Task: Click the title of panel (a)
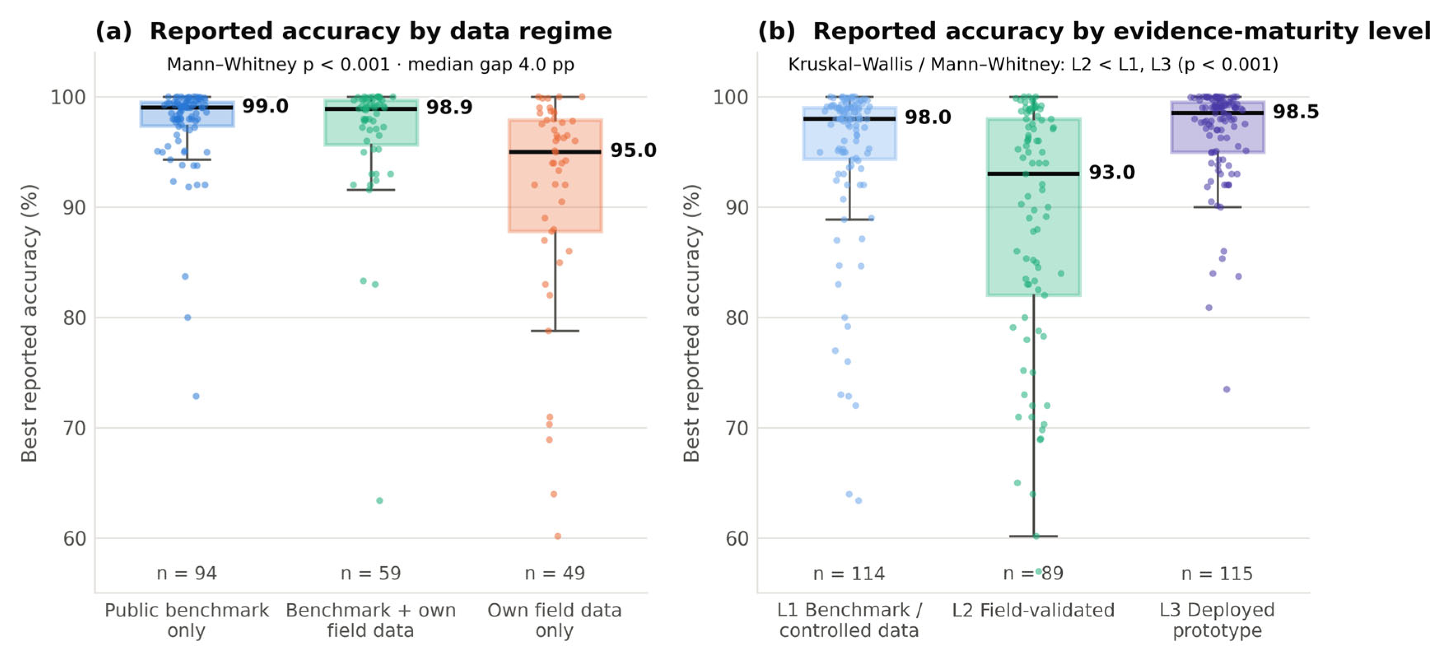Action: tap(354, 31)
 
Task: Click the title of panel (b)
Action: tap(1094, 31)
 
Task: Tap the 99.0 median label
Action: tap(265, 106)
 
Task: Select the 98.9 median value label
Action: tap(449, 107)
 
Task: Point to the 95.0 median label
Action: tap(633, 150)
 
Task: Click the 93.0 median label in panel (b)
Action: tap(1112, 172)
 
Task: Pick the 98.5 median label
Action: tap(1296, 112)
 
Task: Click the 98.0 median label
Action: tap(927, 117)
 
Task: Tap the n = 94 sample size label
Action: tap(187, 573)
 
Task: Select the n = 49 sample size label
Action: tap(555, 573)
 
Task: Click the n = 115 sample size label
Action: tap(1217, 574)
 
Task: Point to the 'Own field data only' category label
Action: tap(555, 620)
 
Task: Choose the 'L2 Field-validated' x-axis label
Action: tap(1033, 611)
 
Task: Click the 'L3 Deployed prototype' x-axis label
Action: tap(1217, 620)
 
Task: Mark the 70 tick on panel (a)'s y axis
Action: tap(74, 428)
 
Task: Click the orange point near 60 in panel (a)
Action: tap(557, 536)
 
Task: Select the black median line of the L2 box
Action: tap(1034, 173)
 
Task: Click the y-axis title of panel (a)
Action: tap(29, 323)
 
